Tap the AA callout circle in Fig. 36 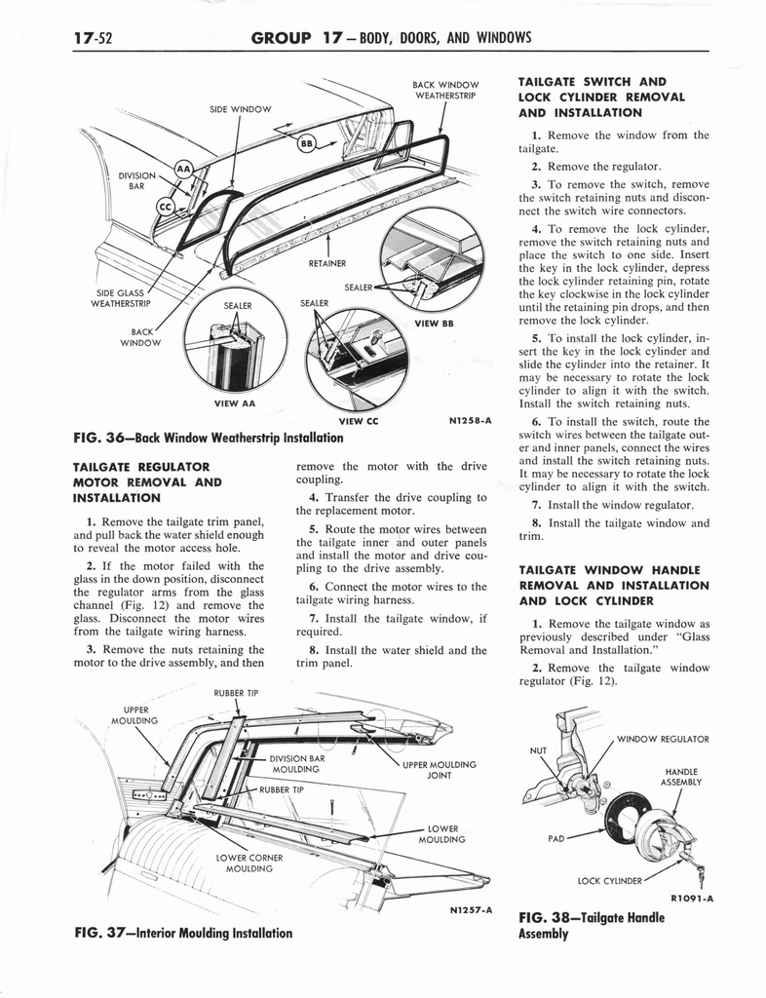(x=183, y=172)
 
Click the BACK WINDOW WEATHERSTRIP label (x=445, y=90)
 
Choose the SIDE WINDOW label (x=241, y=108)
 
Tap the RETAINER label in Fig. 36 (x=327, y=263)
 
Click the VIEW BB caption (x=434, y=324)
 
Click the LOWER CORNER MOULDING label (x=249, y=863)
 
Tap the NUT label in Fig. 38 (x=537, y=750)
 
